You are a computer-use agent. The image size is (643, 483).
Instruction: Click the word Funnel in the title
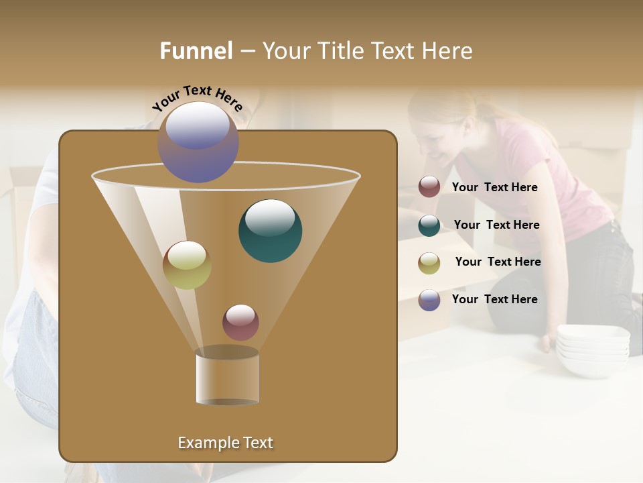point(196,51)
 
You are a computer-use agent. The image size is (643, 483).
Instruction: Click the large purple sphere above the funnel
point(198,142)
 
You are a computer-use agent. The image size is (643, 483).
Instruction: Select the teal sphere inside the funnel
point(271,230)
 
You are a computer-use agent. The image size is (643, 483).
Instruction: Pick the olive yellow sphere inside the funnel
point(187,265)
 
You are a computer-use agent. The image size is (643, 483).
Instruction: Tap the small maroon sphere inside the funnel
point(240,322)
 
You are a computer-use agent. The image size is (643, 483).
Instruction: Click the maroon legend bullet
point(429,187)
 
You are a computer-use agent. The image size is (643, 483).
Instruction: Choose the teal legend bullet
point(429,225)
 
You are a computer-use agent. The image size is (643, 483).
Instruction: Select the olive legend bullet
point(429,262)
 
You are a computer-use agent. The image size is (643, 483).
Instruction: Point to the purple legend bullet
point(429,300)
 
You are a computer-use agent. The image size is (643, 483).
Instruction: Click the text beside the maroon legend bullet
point(495,188)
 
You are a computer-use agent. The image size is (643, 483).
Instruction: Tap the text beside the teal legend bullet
point(496,225)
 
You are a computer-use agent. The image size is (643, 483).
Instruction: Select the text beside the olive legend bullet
point(498,262)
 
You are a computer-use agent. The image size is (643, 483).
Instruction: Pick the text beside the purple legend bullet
point(495,300)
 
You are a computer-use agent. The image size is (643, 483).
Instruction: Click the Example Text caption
point(226,443)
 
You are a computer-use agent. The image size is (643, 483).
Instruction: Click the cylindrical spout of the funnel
point(228,378)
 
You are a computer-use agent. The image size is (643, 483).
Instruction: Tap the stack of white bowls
point(593,349)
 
